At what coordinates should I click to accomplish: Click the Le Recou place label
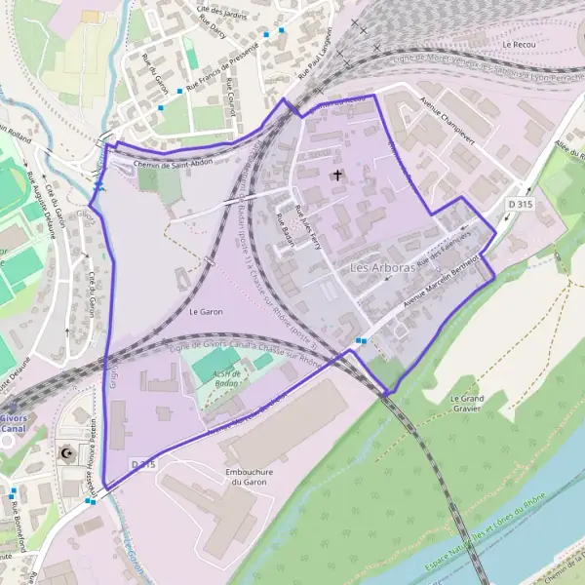click(x=521, y=45)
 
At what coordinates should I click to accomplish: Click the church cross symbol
click(x=338, y=175)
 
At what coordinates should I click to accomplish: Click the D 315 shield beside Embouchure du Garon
click(x=143, y=465)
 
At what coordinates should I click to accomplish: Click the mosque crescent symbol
click(x=66, y=454)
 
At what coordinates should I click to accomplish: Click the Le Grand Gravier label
click(x=467, y=404)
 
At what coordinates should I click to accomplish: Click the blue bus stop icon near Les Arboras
click(x=361, y=340)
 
